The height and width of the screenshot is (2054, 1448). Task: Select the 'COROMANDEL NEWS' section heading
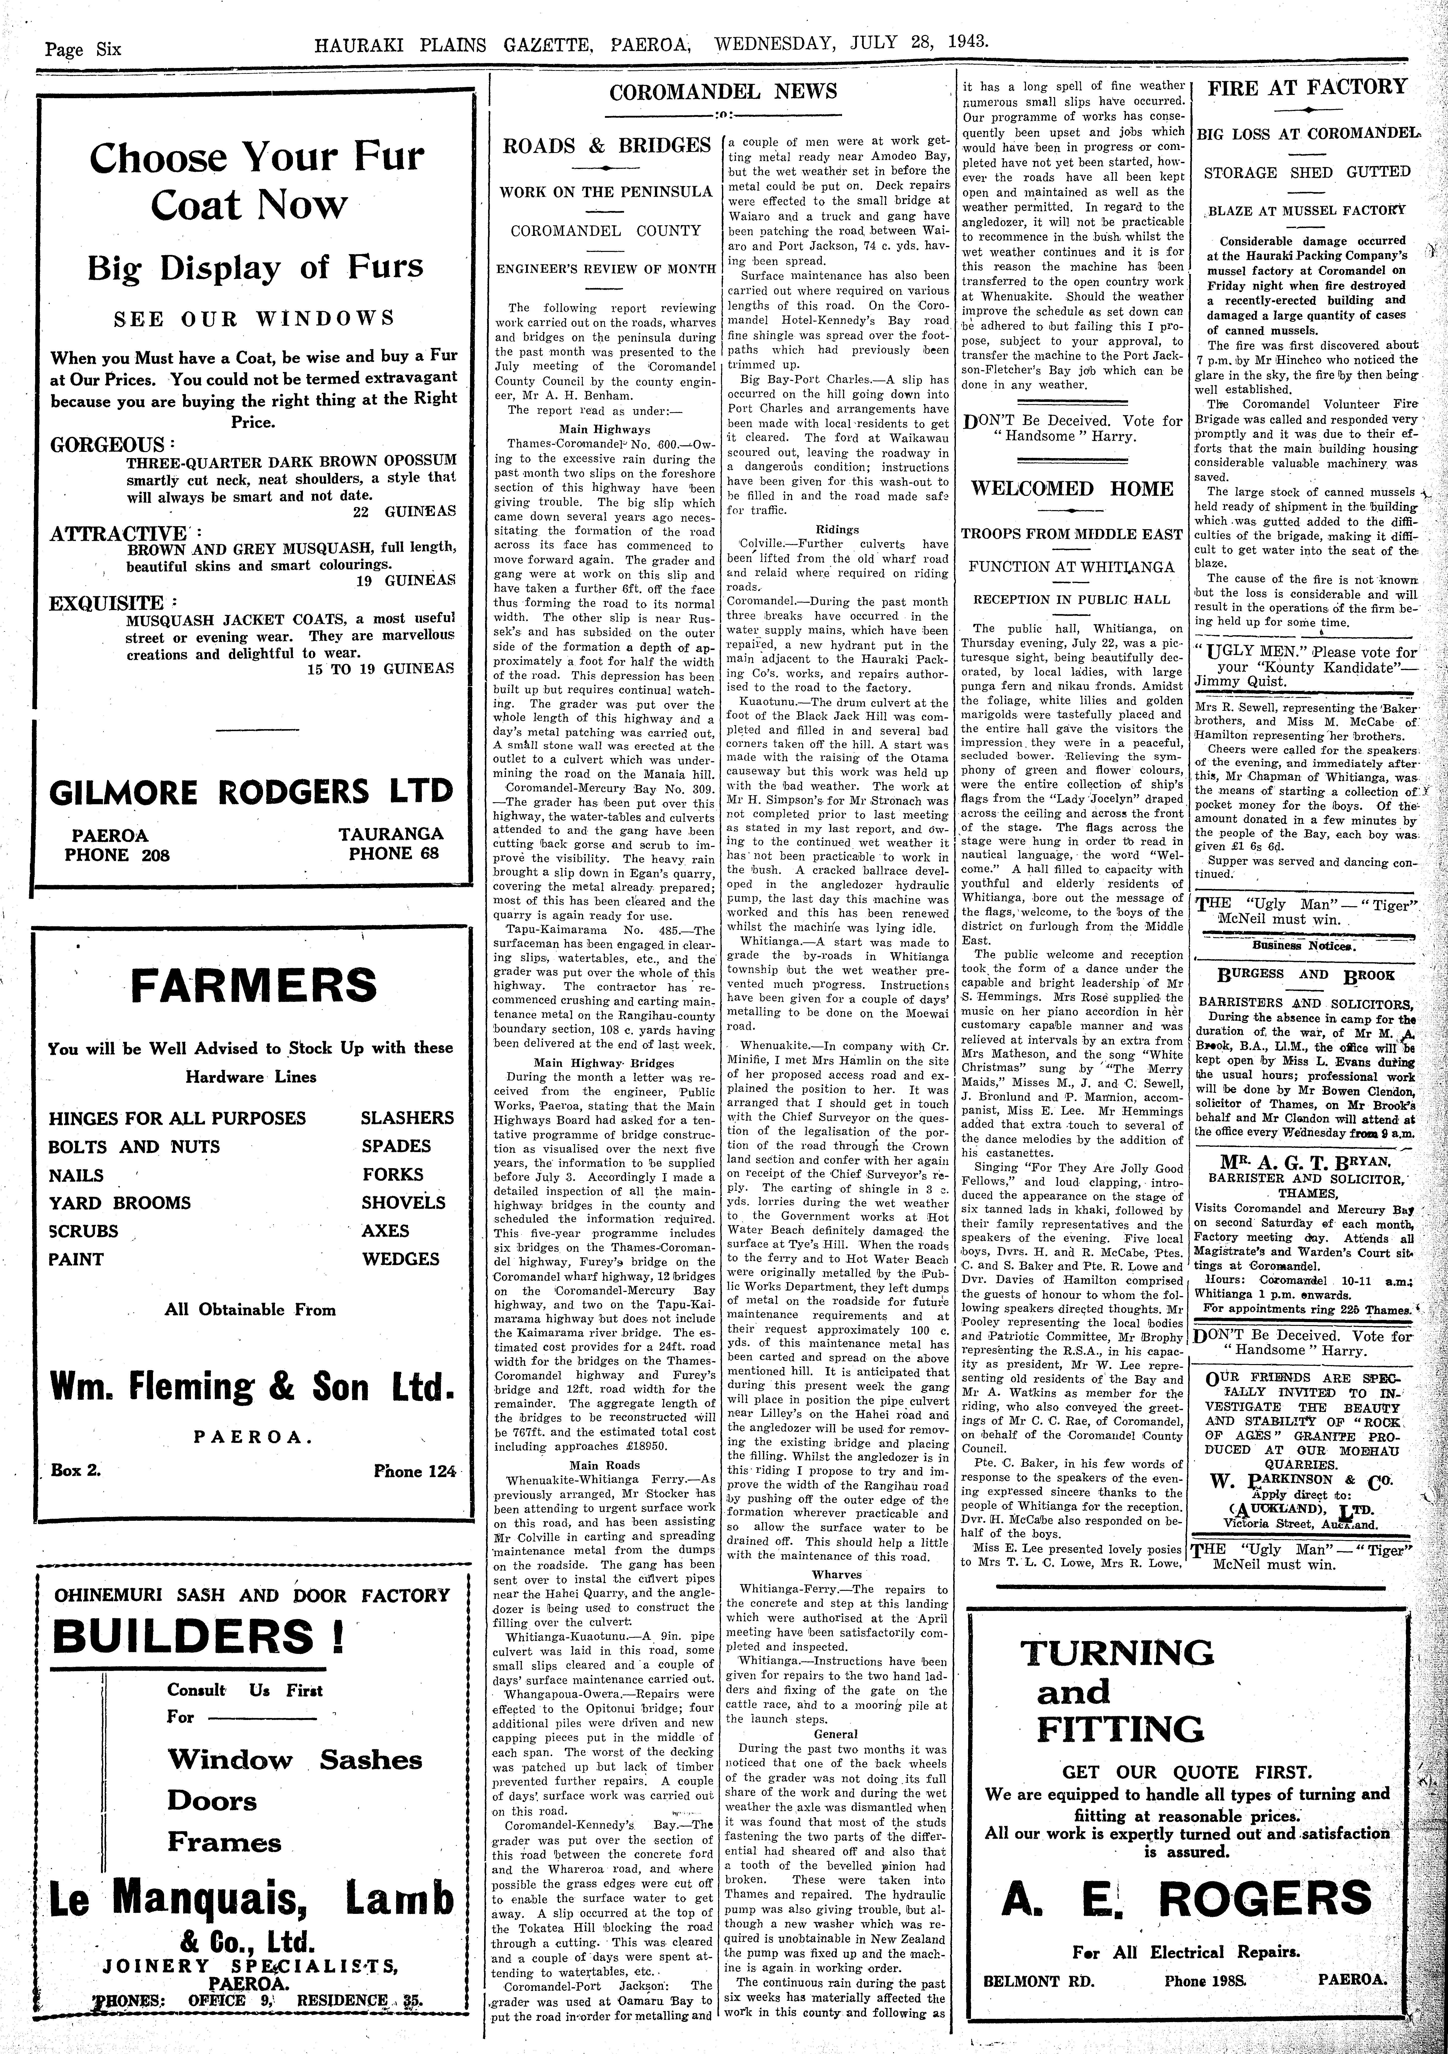723,92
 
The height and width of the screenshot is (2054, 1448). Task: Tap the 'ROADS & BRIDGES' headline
607,146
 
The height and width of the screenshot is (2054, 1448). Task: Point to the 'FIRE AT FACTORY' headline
1307,88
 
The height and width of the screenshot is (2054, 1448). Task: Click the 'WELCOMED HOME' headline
1072,489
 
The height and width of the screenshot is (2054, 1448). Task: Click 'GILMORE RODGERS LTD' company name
251,792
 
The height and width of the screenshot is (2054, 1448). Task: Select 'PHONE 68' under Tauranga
394,852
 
